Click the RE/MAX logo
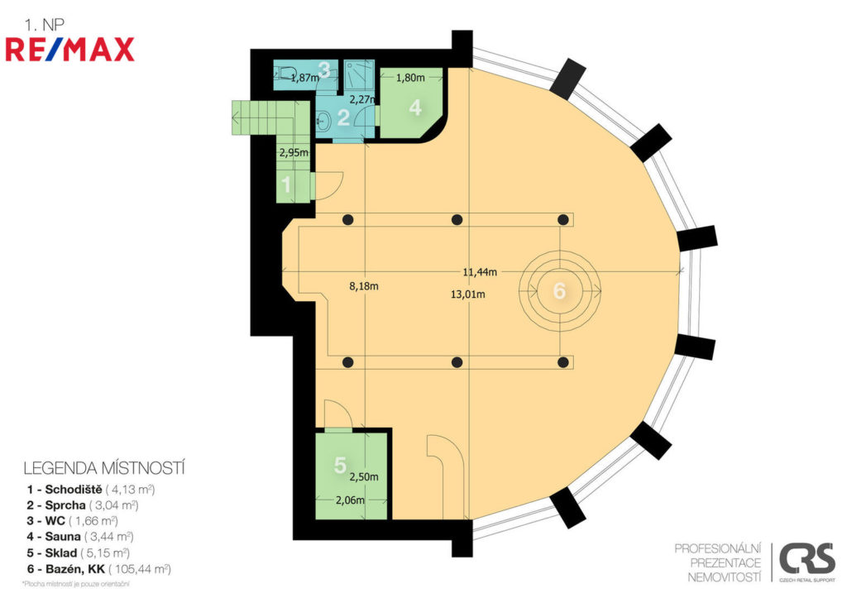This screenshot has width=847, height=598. pos(69,50)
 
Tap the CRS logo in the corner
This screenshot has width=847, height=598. pos(806,562)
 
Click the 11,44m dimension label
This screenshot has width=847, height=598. pos(480,272)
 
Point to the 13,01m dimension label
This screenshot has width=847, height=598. pos(468,294)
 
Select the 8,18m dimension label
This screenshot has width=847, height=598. pos(364,285)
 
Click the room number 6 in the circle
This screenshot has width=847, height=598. pos(560,290)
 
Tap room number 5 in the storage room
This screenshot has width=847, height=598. pos(340,465)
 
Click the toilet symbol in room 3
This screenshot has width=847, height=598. pos(286,73)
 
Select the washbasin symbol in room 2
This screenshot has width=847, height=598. pos(323,120)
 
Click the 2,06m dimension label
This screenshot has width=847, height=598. pos(350,500)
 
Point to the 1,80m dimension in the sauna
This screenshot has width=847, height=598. pos(410,77)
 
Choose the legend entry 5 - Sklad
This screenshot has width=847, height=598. pos(79,553)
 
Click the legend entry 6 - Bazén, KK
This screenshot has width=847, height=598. pos(99,569)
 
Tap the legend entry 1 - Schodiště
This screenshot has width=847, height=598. pos(91,490)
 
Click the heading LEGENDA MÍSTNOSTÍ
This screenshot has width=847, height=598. pos(104,468)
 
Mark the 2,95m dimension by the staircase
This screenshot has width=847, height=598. pos(294,152)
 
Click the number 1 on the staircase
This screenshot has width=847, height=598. pos(287,185)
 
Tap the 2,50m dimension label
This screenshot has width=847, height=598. pos(364,477)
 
